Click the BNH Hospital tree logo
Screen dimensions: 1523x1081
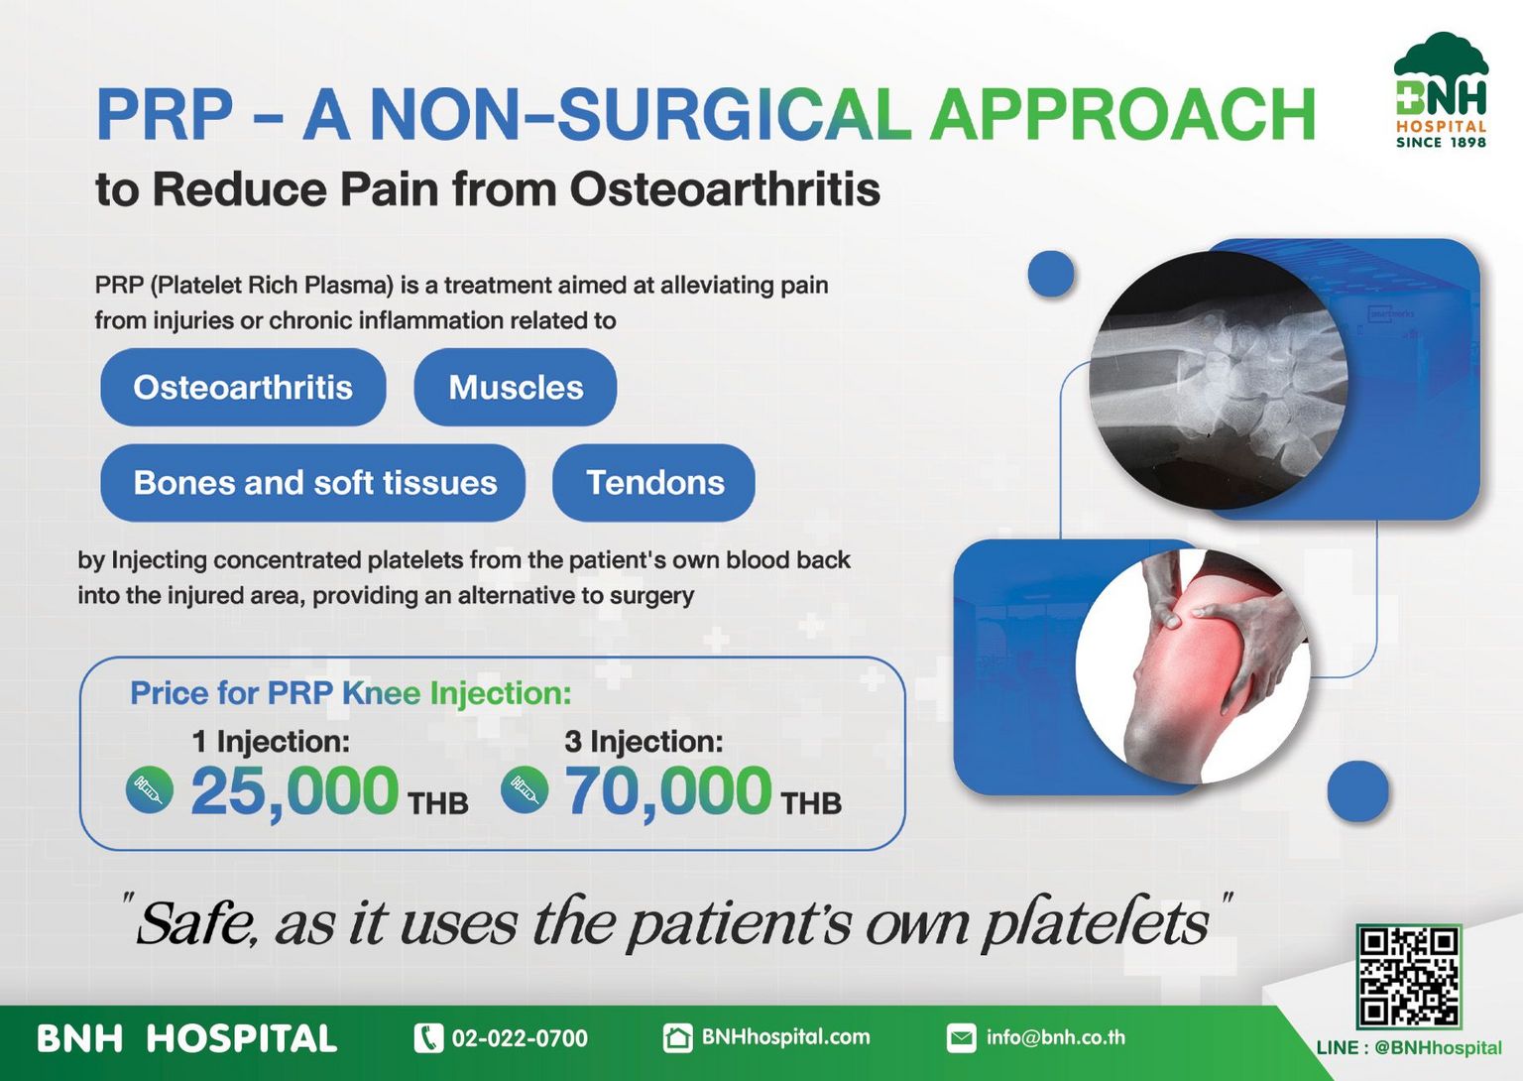1442,89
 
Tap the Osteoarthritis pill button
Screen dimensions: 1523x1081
243,387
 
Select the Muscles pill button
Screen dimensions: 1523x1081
516,387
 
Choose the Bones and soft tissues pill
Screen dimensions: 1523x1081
312,483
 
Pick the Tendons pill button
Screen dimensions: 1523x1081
653,483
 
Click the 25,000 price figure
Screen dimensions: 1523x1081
294,790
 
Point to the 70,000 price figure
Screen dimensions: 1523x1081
668,790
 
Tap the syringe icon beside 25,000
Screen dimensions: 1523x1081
150,789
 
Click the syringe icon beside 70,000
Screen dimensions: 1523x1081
525,789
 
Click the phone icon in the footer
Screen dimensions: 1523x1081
428,1038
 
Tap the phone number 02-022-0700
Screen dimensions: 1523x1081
521,1038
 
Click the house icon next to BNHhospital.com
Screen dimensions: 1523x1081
678,1038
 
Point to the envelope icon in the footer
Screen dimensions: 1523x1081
962,1038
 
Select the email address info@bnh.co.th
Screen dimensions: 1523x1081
1055,1037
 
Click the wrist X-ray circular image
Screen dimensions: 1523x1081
1218,380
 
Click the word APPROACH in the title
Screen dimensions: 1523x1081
1122,113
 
